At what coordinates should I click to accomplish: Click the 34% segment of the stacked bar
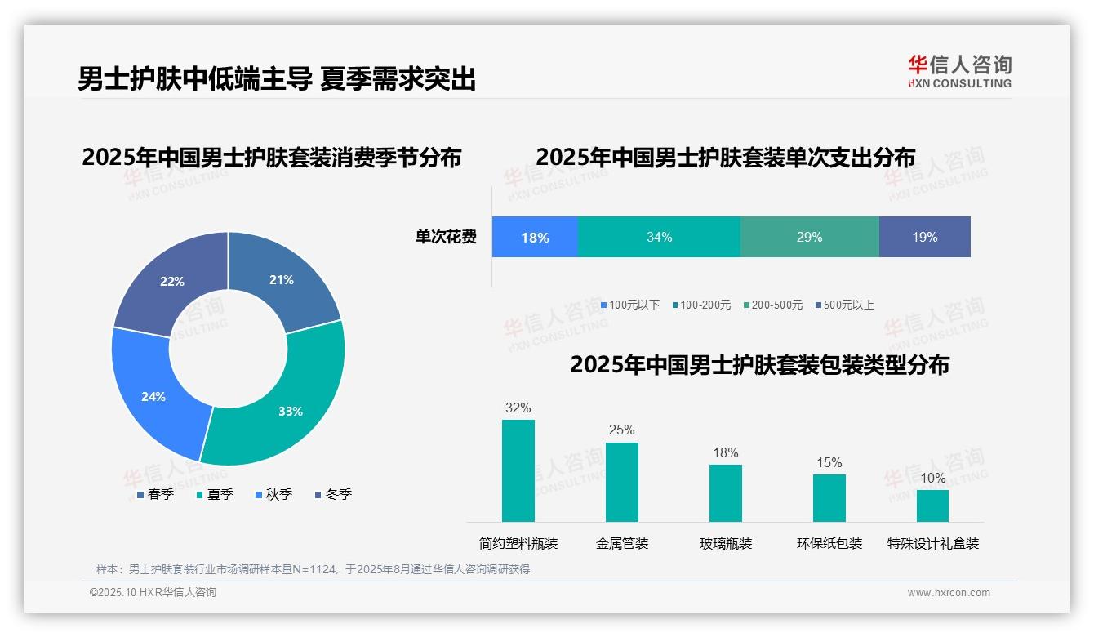pyautogui.click(x=659, y=237)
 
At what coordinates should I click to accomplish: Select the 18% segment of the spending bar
pyautogui.click(x=535, y=237)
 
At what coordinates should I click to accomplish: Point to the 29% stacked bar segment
pyautogui.click(x=809, y=237)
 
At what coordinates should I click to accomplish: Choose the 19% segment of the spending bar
pyautogui.click(x=925, y=237)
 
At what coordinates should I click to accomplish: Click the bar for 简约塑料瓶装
pyautogui.click(x=518, y=470)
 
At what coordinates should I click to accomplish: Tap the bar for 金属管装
pyautogui.click(x=622, y=482)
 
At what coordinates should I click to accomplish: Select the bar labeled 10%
pyautogui.click(x=932, y=506)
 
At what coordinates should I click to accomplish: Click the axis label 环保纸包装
pyautogui.click(x=829, y=543)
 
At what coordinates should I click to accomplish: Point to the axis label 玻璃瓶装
pyautogui.click(x=726, y=543)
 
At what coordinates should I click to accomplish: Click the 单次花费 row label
pyautogui.click(x=446, y=237)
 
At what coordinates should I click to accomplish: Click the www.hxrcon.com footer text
pyautogui.click(x=949, y=593)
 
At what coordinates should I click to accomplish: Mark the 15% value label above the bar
pyautogui.click(x=829, y=462)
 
